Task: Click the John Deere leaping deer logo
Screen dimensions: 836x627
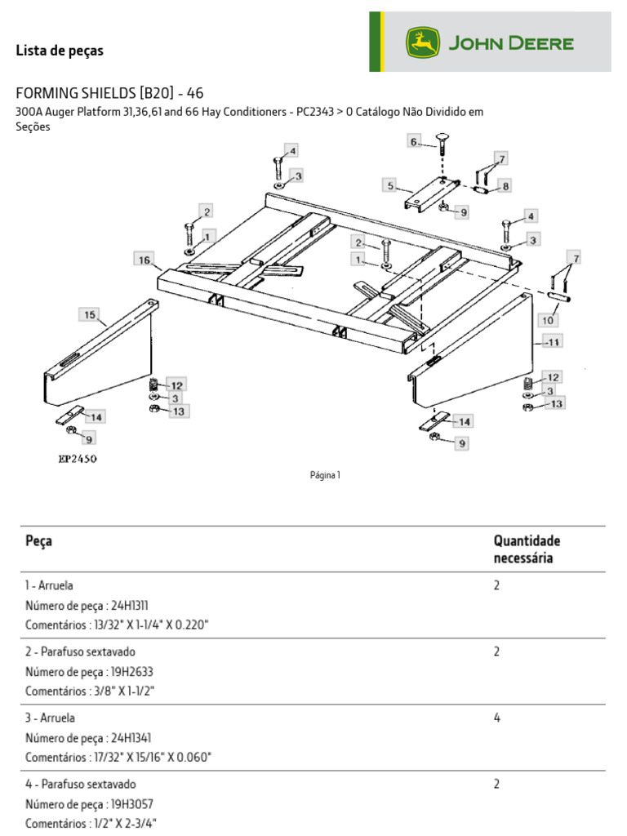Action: coord(423,42)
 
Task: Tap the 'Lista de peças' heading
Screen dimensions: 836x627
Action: coord(60,51)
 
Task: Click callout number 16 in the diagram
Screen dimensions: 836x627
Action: coord(145,260)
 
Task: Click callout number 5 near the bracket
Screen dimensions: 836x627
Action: coord(391,186)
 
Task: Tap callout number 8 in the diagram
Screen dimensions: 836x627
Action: coord(505,186)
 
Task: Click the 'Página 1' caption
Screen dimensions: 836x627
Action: coord(325,475)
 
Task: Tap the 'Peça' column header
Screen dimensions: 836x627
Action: coord(39,540)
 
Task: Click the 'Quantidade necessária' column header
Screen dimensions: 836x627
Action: coord(527,549)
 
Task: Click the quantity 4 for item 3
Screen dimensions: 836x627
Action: coord(497,718)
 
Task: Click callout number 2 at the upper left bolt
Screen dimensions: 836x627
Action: coord(207,211)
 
